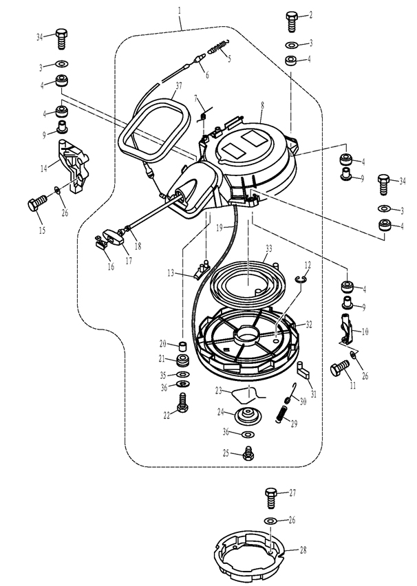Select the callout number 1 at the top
point(180,10)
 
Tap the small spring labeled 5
point(218,46)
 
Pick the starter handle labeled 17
point(113,236)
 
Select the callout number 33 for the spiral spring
point(268,248)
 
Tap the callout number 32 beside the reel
point(308,325)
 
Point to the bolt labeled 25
point(248,453)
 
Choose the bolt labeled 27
point(270,497)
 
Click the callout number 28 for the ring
point(303,550)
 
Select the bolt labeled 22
point(182,403)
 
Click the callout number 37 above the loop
point(179,85)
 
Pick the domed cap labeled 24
point(248,415)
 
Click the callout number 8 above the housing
point(263,106)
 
